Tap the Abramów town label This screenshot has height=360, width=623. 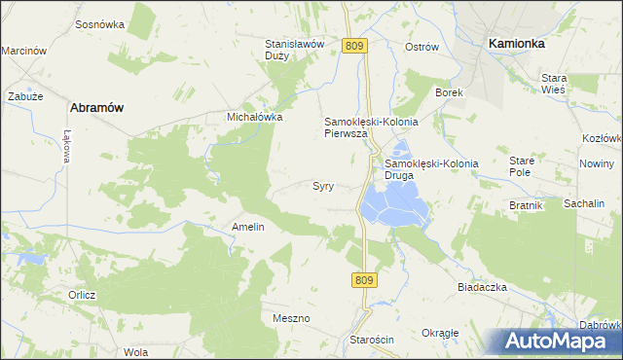[x=95, y=108]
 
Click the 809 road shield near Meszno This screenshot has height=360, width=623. [x=362, y=280]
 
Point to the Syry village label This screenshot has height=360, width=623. [x=323, y=185]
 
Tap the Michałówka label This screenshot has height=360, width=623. [x=254, y=117]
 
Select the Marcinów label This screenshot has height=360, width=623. [x=24, y=51]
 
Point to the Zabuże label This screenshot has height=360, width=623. [x=22, y=96]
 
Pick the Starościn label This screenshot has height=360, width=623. [x=371, y=339]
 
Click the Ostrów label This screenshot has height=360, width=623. [x=421, y=47]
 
